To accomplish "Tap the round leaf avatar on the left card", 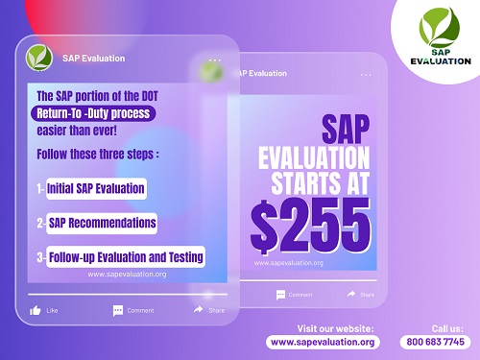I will tap(38, 57).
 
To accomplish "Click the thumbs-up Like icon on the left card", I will tap(36, 310).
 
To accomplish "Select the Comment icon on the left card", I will tap(118, 310).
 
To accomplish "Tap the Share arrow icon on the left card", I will tap(199, 310).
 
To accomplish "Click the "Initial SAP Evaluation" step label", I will tap(96, 188).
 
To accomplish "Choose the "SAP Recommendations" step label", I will tap(102, 223).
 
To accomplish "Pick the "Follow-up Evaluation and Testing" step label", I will tap(126, 256).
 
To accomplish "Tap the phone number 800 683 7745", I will tap(434, 342).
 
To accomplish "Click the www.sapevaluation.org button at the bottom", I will tap(323, 342).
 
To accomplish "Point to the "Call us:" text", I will tap(446, 327).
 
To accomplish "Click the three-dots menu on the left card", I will tap(214, 60).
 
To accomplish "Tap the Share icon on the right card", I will tap(351, 294).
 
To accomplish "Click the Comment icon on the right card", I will tap(280, 294).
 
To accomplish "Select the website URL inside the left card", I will tap(127, 274).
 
